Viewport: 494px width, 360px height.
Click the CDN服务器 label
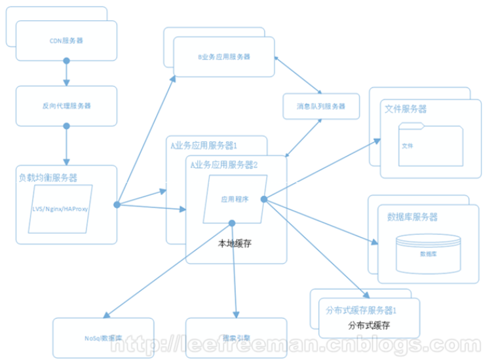[66, 40]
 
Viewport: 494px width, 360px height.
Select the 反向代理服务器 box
[66, 105]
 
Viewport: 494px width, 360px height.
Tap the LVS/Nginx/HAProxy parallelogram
[60, 209]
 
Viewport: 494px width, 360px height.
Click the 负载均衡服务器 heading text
[50, 177]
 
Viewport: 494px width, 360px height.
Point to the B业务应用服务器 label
[224, 57]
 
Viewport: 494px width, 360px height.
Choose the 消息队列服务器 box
[321, 106]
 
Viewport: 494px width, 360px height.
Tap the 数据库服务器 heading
[412, 217]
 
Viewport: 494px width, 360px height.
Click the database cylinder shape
[428, 251]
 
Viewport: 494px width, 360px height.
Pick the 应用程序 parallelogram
[234, 200]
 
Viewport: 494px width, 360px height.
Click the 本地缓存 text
[235, 243]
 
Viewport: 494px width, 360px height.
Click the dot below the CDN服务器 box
[66, 61]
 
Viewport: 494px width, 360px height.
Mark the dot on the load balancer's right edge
[117, 205]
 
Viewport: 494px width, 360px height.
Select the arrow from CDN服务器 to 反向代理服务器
[66, 73]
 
